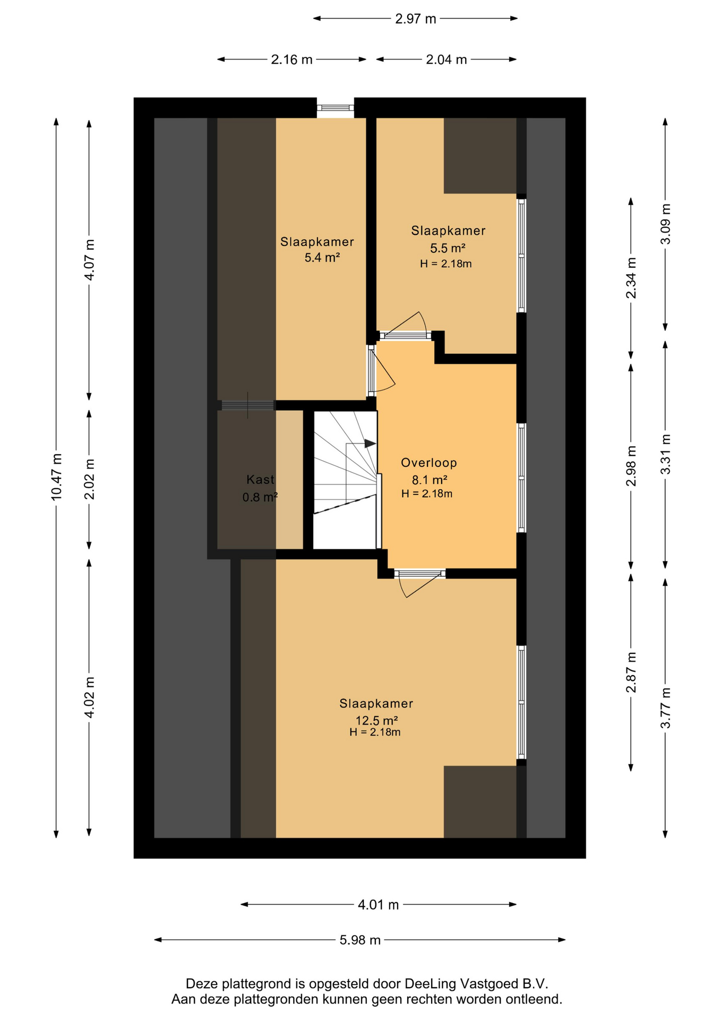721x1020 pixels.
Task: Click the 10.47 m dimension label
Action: pyautogui.click(x=57, y=477)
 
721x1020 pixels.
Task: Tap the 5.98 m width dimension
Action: pyautogui.click(x=360, y=940)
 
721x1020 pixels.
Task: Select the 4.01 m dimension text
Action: pyautogui.click(x=378, y=904)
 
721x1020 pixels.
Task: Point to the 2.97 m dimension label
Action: pyautogui.click(x=415, y=19)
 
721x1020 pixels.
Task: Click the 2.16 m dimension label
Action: pyautogui.click(x=291, y=59)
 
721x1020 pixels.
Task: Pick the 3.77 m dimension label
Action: pyautogui.click(x=665, y=708)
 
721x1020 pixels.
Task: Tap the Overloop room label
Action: pyautogui.click(x=429, y=463)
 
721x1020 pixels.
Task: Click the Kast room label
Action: pyautogui.click(x=260, y=479)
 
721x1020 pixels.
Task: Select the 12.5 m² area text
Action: pyautogui.click(x=376, y=720)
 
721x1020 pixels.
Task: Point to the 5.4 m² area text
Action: pyautogui.click(x=322, y=258)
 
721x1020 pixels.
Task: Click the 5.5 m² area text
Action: pyautogui.click(x=448, y=248)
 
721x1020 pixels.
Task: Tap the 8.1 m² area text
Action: pyautogui.click(x=429, y=480)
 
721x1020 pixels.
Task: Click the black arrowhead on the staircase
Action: pyautogui.click(x=370, y=443)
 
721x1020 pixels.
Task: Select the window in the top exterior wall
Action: pyautogui.click(x=335, y=108)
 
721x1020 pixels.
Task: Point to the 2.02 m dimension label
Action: pyautogui.click(x=90, y=479)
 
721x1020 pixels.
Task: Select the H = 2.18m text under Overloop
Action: pyautogui.click(x=427, y=494)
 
